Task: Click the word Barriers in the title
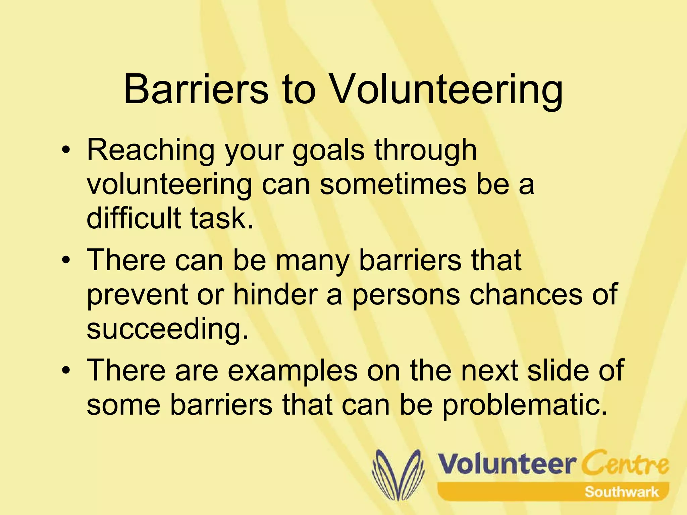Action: pyautogui.click(x=196, y=89)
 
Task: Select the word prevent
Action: pyautogui.click(x=137, y=294)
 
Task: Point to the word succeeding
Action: pyautogui.click(x=167, y=329)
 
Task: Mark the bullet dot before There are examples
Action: pyautogui.click(x=67, y=370)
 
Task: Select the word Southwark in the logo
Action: pyautogui.click(x=621, y=492)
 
